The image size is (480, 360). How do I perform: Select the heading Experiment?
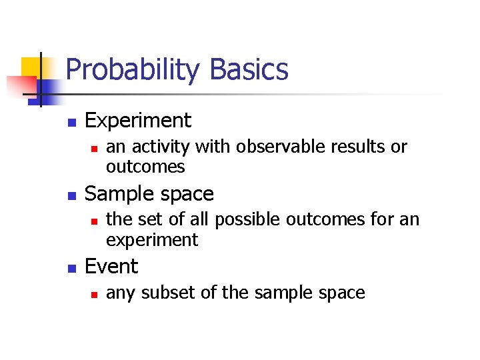(x=138, y=121)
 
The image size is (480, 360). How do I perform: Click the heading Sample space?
(x=149, y=194)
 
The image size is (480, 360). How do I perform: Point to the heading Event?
(x=111, y=267)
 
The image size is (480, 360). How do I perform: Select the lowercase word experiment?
(x=152, y=240)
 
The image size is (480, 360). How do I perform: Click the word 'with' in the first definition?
(x=211, y=147)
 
